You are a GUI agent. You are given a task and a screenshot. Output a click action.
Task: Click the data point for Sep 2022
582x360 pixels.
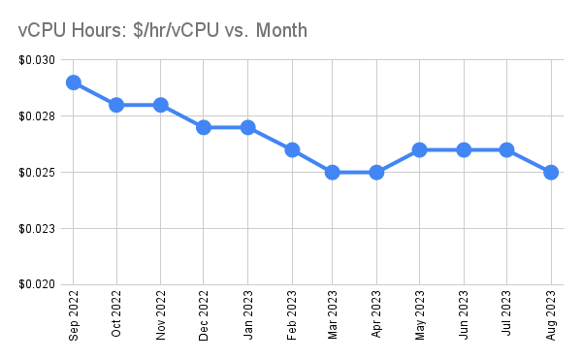tap(73, 82)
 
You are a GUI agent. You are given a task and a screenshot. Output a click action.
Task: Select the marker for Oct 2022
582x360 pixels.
tap(116, 105)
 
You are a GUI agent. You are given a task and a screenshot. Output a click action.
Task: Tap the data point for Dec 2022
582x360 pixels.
tap(204, 127)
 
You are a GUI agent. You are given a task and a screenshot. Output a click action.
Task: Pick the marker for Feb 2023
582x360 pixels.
tap(291, 149)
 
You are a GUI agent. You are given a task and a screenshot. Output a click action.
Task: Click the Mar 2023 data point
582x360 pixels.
tap(333, 172)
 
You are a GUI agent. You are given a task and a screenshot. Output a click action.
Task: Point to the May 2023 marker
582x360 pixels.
tap(419, 149)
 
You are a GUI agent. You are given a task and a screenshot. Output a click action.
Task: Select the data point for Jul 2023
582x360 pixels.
tap(506, 149)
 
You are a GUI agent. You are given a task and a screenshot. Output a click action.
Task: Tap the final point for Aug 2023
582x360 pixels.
tap(550, 172)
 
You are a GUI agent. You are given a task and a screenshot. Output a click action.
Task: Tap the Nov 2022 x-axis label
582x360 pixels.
tap(161, 314)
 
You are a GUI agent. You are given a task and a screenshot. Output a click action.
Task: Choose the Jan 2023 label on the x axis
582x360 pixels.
tap(248, 314)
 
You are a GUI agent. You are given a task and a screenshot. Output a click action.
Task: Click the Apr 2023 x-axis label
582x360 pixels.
tap(376, 314)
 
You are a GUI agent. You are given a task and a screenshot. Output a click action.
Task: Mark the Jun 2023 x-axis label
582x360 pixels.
tap(464, 314)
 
